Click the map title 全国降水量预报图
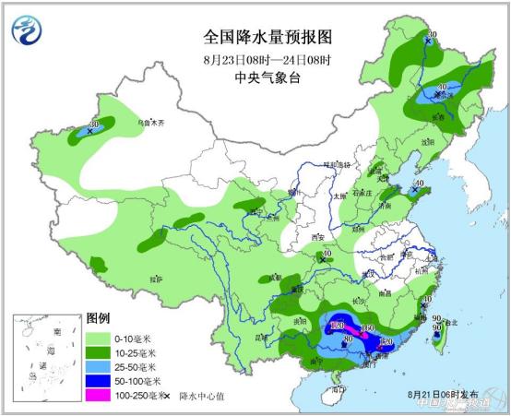tap(267, 37)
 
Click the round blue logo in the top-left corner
tap(26, 29)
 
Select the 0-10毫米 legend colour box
tap(98, 337)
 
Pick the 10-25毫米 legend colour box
tap(98, 351)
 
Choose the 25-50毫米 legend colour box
tap(98, 365)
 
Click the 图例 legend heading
tap(98, 318)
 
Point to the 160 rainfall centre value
tap(367, 328)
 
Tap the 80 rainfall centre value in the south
tap(348, 339)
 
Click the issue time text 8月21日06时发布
tap(446, 394)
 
